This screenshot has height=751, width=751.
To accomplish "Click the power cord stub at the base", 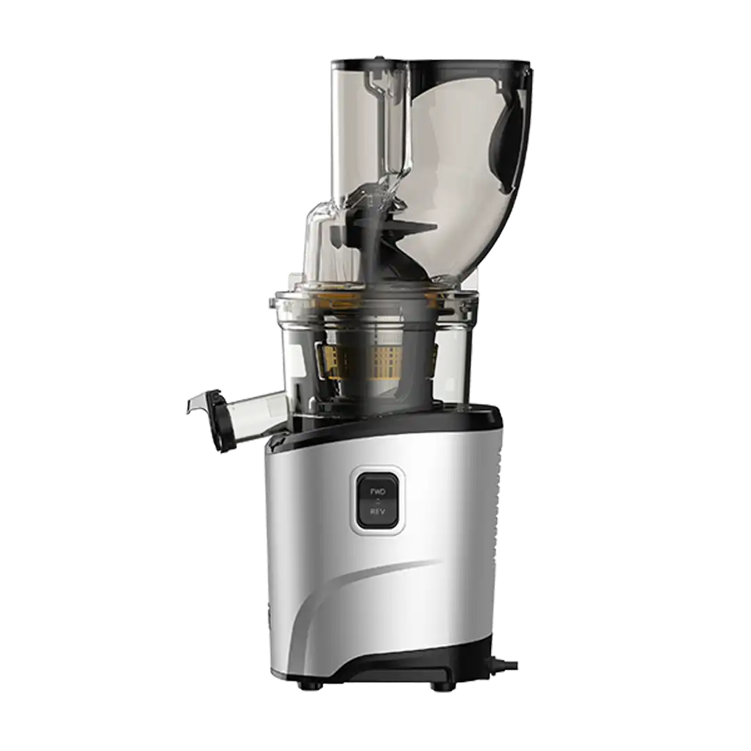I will pyautogui.click(x=508, y=666).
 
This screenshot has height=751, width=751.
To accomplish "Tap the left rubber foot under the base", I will pyautogui.click(x=309, y=686).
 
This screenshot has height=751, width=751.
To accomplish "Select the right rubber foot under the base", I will pyautogui.click(x=441, y=686).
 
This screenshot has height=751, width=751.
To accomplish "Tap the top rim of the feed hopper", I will pyautogui.click(x=431, y=60).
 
